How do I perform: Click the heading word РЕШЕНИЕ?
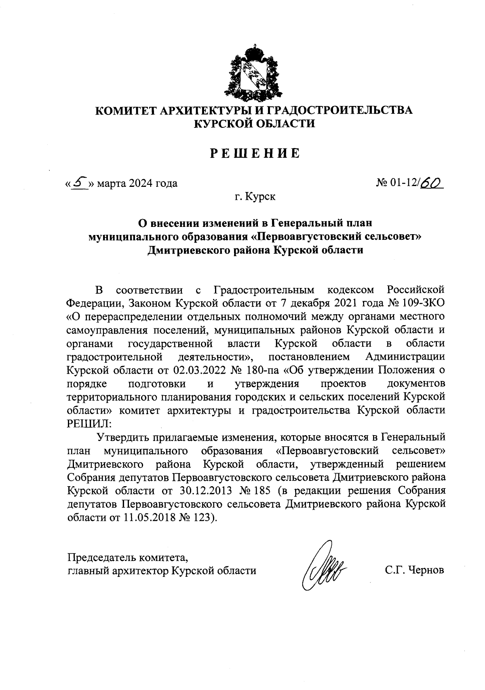pyautogui.click(x=254, y=154)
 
